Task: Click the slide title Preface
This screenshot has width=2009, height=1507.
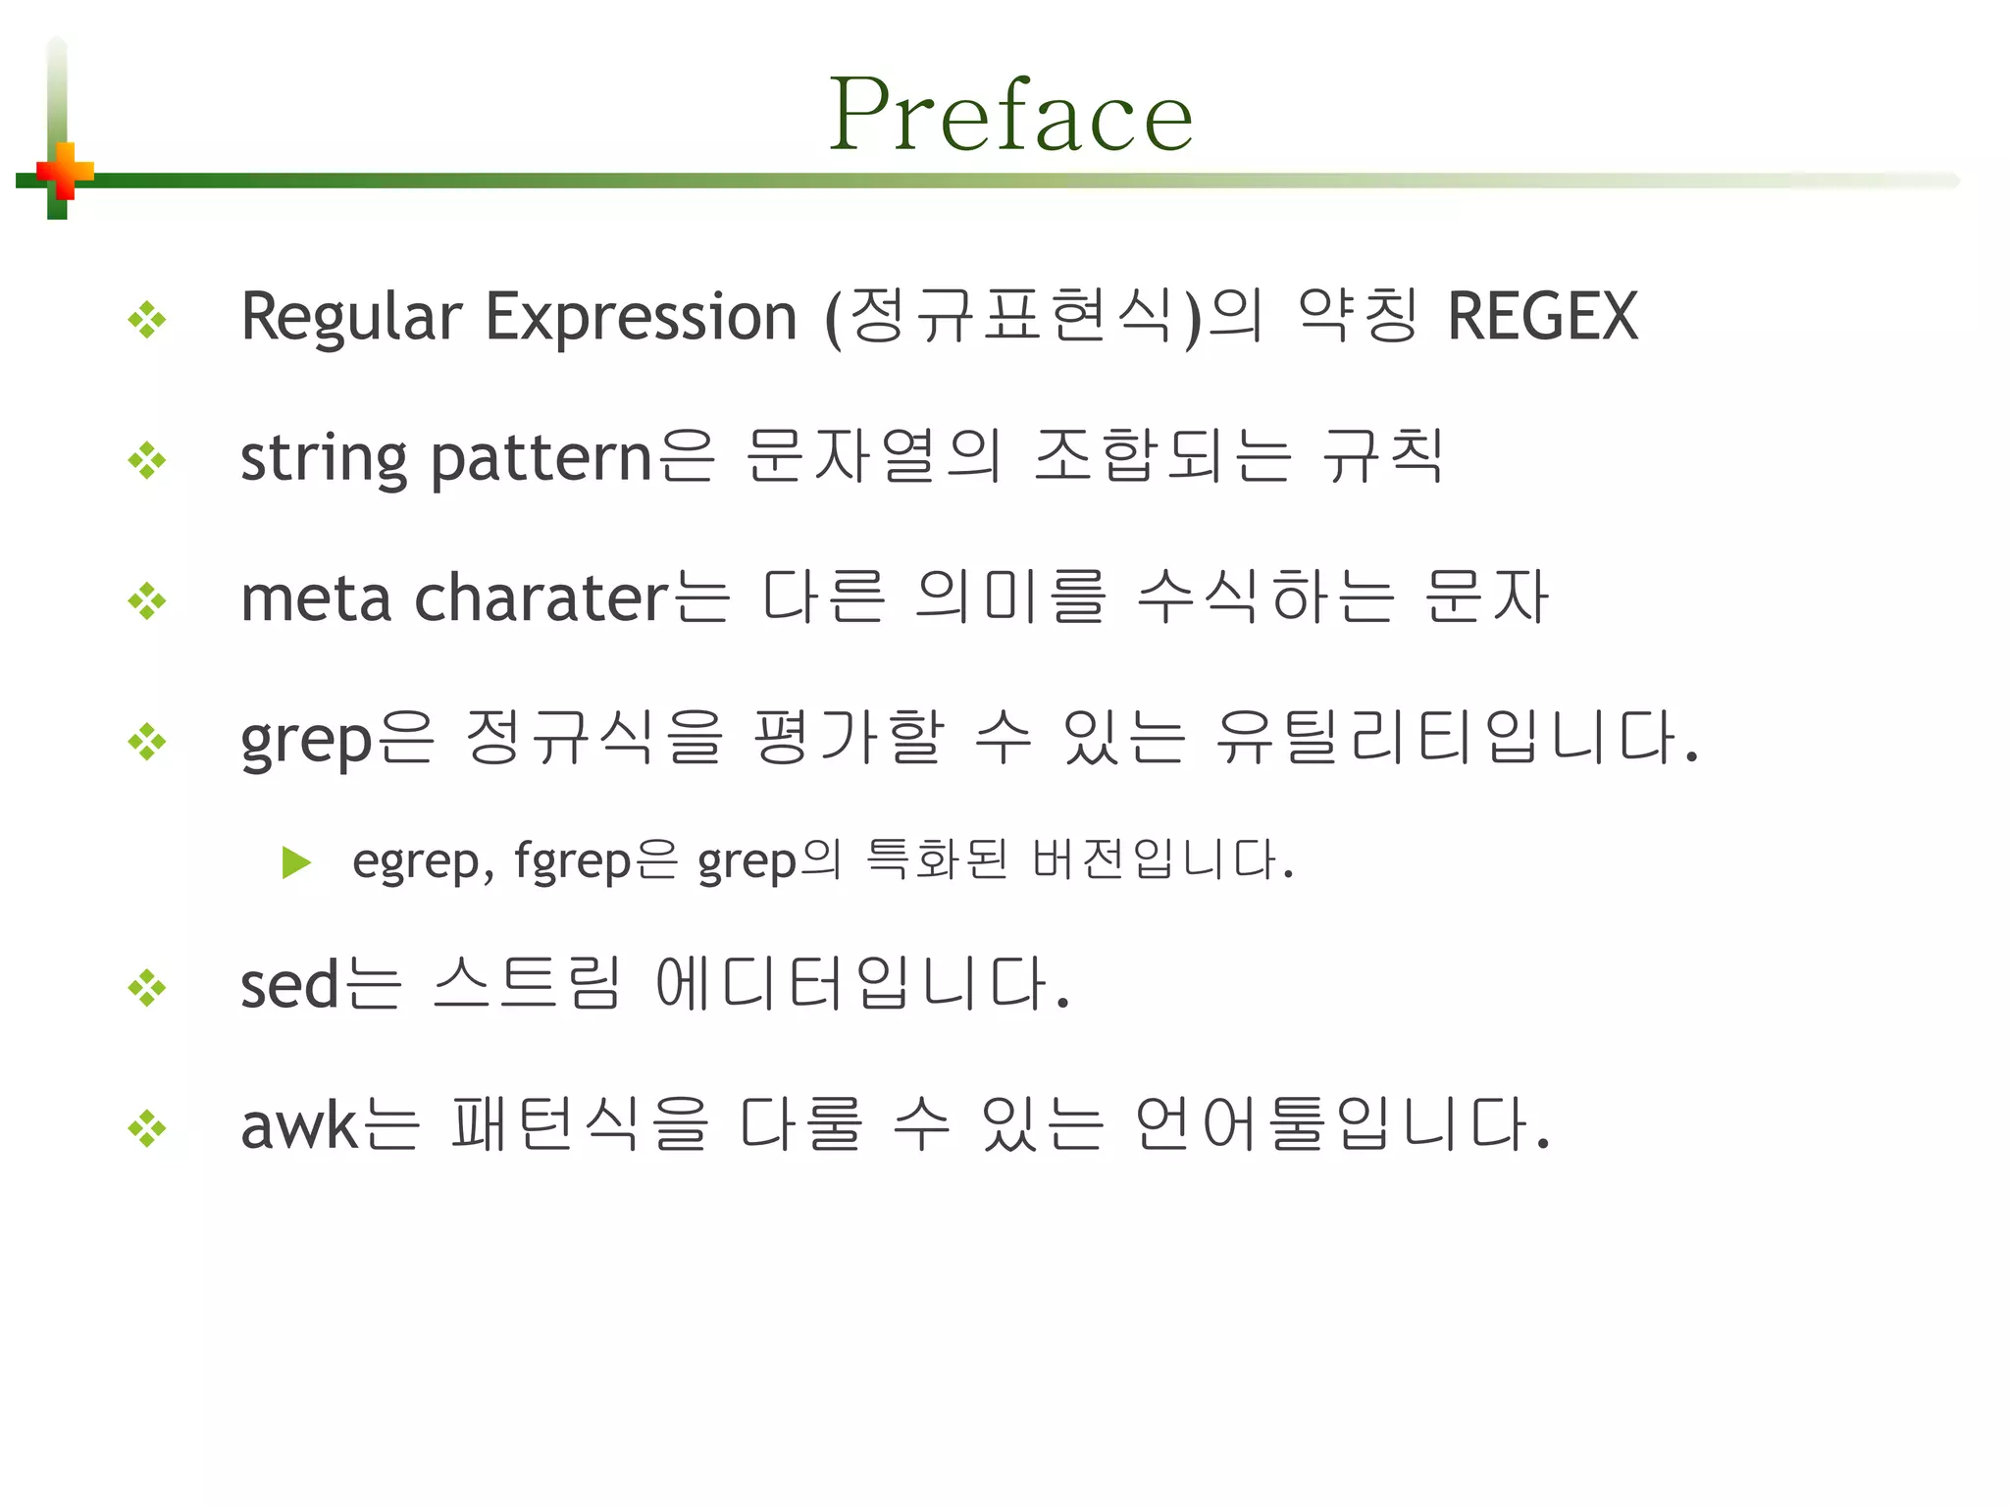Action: point(1010,116)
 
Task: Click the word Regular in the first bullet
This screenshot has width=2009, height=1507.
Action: point(350,318)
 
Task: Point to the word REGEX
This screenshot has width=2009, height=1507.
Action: point(1542,317)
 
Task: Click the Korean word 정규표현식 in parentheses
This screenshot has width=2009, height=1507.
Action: point(1011,317)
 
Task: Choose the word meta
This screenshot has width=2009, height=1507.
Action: point(316,598)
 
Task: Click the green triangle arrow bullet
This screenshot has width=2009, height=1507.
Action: point(296,862)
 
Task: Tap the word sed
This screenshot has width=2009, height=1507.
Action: point(289,984)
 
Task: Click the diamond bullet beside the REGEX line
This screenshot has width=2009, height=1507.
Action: point(147,320)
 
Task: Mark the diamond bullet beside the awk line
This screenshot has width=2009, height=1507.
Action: point(147,1128)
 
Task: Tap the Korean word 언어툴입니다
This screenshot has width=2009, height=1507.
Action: point(1341,1124)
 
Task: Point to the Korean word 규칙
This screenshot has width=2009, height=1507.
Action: point(1383,457)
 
